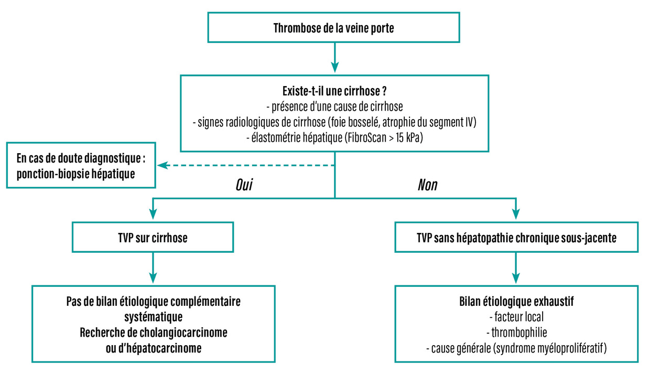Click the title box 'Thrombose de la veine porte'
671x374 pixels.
334,28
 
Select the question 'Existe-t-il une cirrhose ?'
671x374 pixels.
334,91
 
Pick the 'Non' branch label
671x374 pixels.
428,185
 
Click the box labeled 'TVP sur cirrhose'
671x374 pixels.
153,238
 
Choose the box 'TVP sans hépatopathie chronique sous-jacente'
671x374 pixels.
516,238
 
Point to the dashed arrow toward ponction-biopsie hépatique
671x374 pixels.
246,166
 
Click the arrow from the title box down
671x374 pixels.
334,58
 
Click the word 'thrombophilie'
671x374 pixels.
516,333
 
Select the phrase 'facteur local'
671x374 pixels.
516,317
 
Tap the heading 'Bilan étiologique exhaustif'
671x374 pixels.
516,303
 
